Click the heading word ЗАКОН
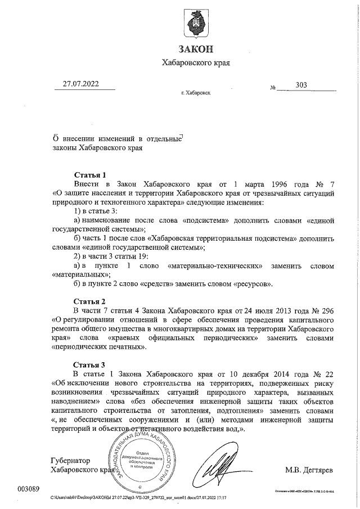(196, 49)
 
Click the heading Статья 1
(90, 174)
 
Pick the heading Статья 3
(90, 364)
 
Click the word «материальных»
(73, 275)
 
